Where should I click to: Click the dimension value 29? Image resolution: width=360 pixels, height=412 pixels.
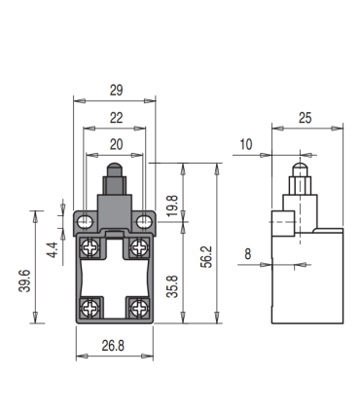point(115,91)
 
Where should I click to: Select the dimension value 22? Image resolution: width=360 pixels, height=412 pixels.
point(115,118)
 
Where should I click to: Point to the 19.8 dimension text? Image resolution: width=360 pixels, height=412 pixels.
point(172,205)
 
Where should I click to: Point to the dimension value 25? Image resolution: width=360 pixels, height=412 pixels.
point(306,118)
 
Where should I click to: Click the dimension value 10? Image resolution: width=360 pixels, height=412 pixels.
point(245,144)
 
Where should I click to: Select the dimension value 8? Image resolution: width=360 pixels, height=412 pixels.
point(248,254)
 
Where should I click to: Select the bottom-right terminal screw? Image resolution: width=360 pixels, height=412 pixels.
point(139,307)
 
